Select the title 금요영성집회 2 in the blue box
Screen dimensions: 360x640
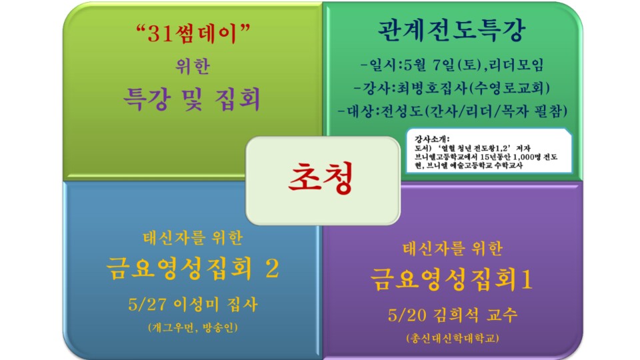point(192,268)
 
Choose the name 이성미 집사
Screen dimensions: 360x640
point(214,305)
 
